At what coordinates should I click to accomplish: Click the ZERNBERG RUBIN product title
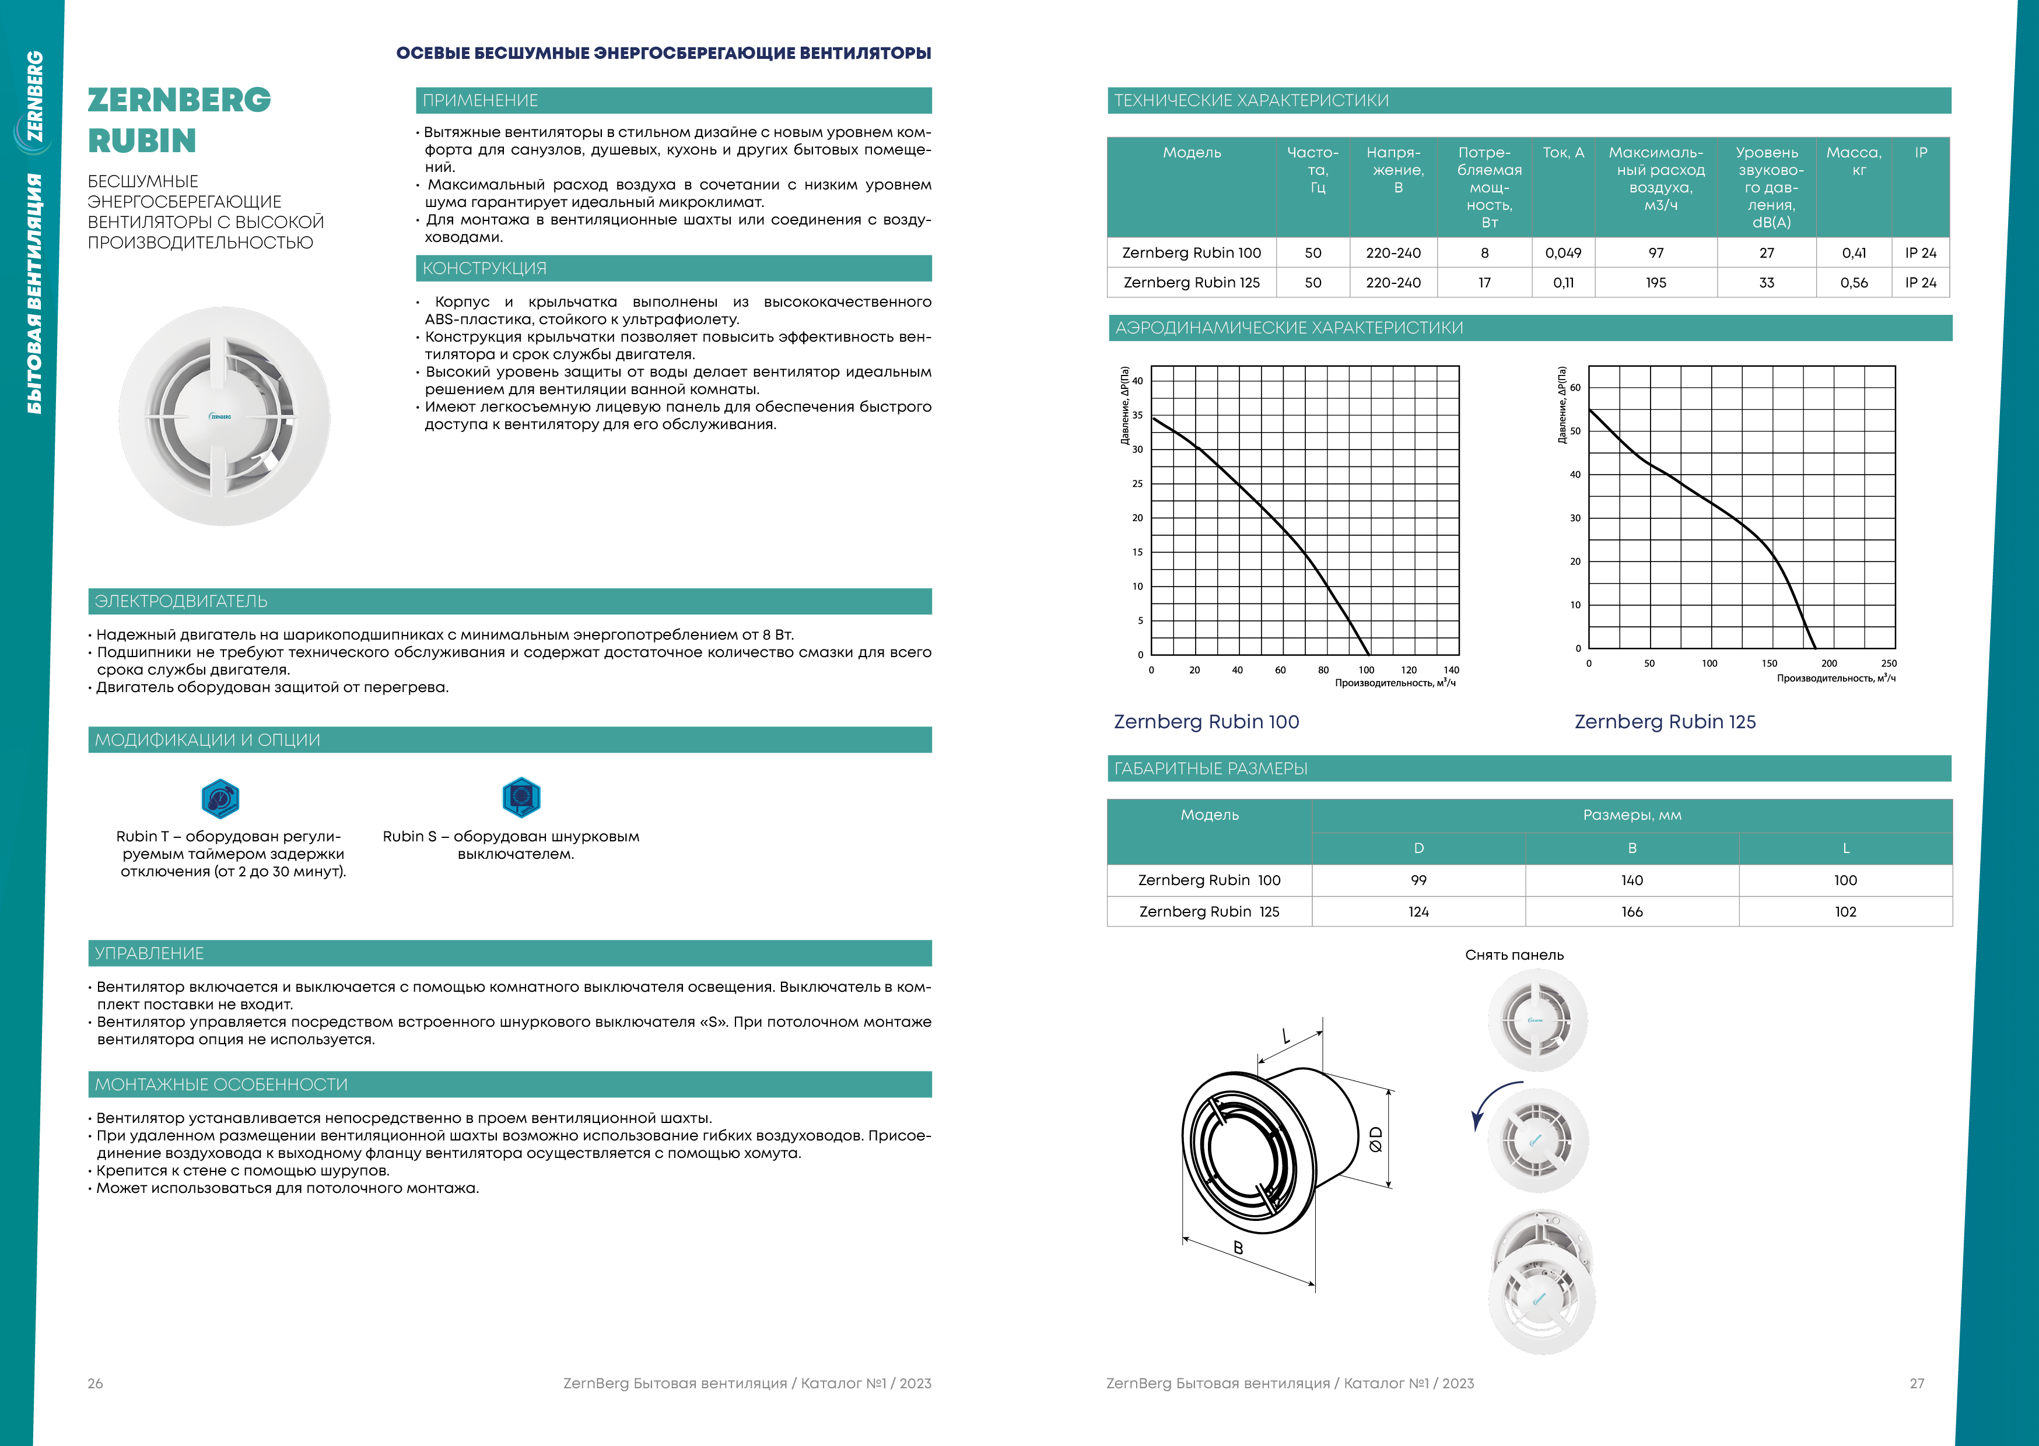(x=179, y=120)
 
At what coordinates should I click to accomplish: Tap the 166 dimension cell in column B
(x=1631, y=912)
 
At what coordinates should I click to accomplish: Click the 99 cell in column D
(x=1418, y=880)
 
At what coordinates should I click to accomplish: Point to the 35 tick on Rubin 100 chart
(x=1137, y=415)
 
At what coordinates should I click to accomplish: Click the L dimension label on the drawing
(x=1285, y=1036)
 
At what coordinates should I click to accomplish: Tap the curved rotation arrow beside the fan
(x=1487, y=1103)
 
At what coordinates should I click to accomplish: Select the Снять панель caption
(x=1514, y=954)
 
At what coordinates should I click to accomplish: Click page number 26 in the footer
(x=95, y=1383)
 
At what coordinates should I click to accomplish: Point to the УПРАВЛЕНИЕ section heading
(x=149, y=953)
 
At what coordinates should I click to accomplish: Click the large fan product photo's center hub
(x=222, y=417)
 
